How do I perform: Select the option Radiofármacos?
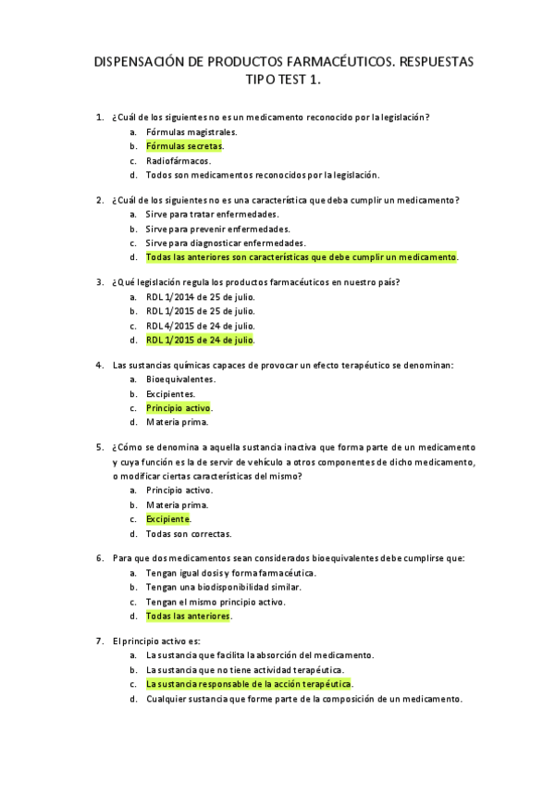coord(179,160)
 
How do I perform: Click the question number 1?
coord(99,118)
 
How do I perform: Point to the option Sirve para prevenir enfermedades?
coord(217,229)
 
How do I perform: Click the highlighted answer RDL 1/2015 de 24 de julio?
coord(200,340)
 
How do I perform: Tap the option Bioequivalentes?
coord(181,380)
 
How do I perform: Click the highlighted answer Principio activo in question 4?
coord(179,408)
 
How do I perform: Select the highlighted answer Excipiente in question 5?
coord(168,519)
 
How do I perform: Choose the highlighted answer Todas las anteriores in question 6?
coord(189,616)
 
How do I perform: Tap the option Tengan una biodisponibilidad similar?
coord(224,587)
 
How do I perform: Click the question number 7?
coord(99,641)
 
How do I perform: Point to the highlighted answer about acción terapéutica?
coord(249,684)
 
